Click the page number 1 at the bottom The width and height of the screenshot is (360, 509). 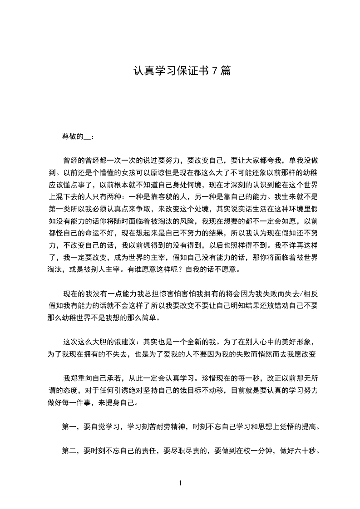click(x=180, y=483)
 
